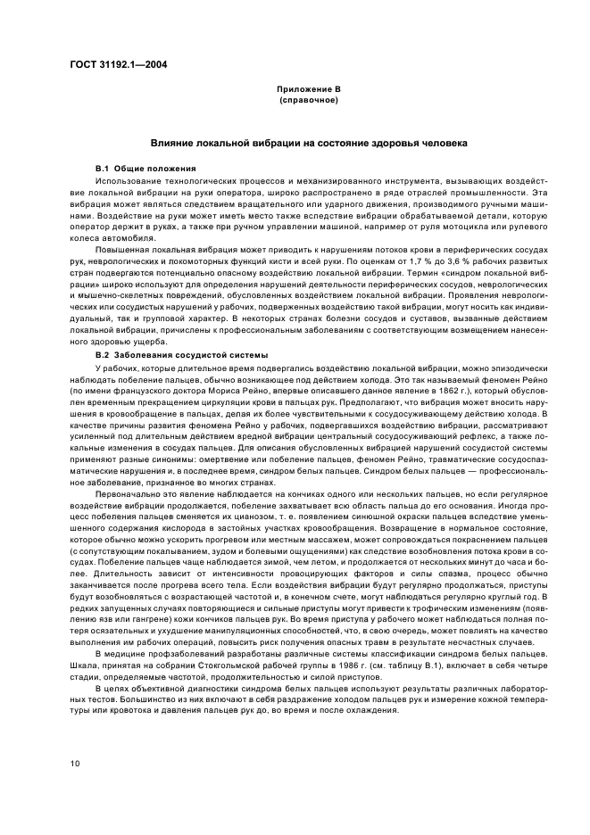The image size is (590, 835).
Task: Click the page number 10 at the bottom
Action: click(x=76, y=763)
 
